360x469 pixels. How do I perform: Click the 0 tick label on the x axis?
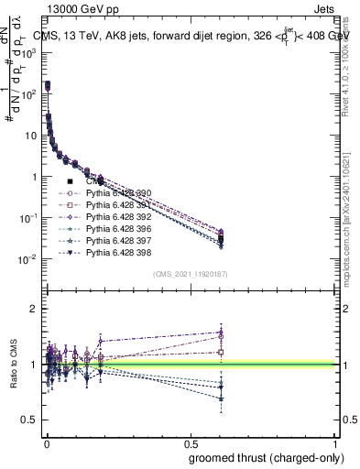point(46,442)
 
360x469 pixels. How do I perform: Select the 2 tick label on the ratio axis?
point(33,309)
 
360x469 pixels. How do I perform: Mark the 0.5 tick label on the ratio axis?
point(29,420)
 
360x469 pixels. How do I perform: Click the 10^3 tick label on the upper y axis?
point(27,53)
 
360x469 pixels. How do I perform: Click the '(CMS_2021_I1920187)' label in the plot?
point(190,274)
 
